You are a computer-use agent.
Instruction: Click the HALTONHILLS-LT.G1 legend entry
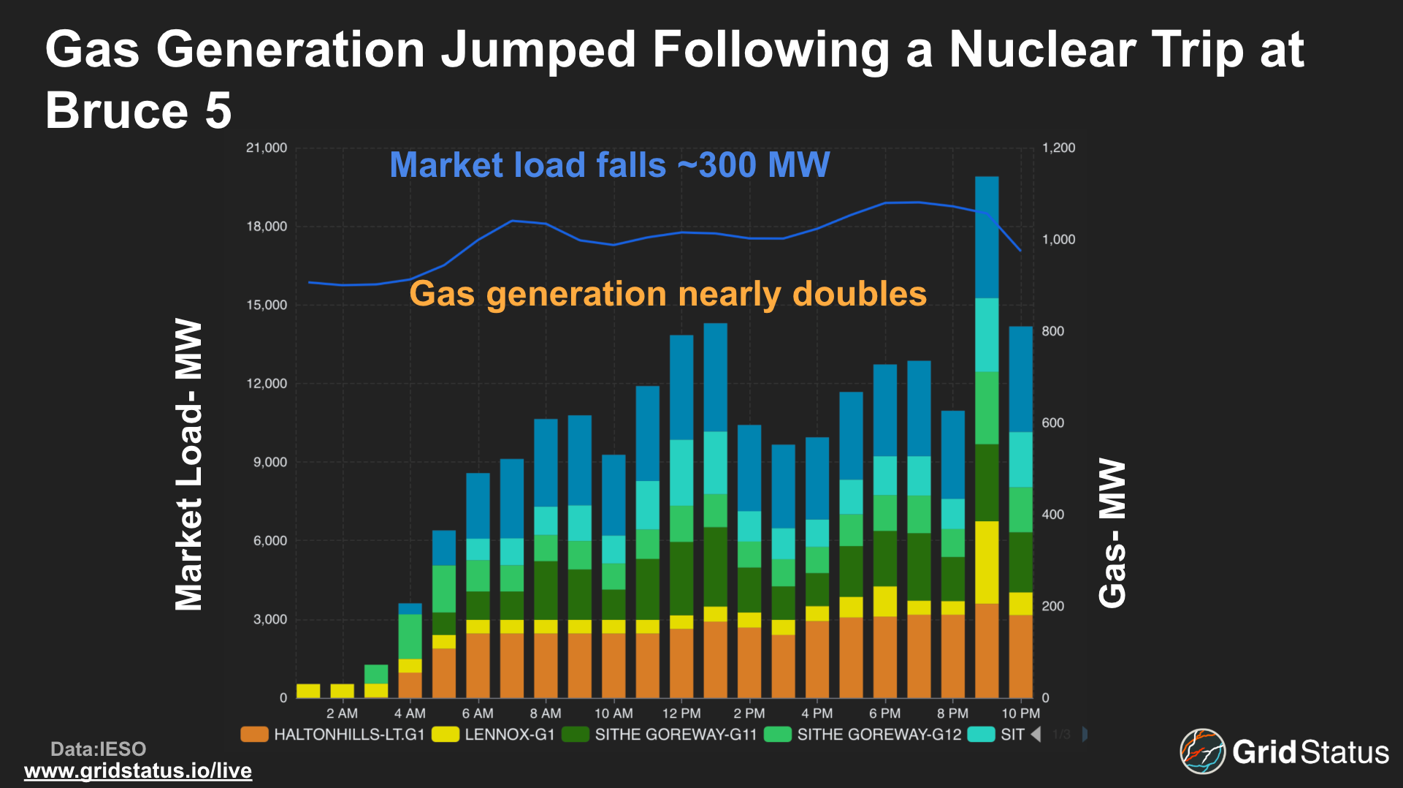[x=333, y=735]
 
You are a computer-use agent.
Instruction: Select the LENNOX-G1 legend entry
[x=494, y=735]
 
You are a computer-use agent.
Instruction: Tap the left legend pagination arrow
[x=1036, y=734]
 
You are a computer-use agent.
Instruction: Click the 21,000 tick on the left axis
[x=267, y=148]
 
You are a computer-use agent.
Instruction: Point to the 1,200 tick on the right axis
[x=1058, y=148]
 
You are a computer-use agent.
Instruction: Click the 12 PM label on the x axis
[x=681, y=713]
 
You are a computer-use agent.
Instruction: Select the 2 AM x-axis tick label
[x=342, y=713]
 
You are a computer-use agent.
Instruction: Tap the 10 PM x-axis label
[x=1020, y=713]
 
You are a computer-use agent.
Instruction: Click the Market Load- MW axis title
[x=189, y=464]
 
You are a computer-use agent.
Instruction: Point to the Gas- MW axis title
[x=1112, y=533]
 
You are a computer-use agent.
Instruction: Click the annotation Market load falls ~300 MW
[x=609, y=165]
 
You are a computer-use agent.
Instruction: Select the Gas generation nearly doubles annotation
[x=668, y=294]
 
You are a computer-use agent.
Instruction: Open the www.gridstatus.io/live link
[x=138, y=770]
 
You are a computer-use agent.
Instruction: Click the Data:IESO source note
[x=98, y=749]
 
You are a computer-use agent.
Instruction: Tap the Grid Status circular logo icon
[x=1202, y=751]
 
